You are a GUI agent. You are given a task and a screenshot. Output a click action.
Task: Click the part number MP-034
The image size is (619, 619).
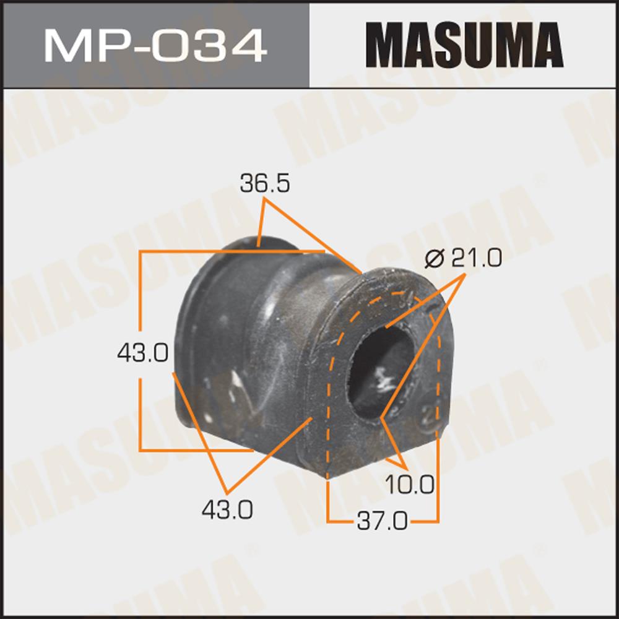tap(155, 45)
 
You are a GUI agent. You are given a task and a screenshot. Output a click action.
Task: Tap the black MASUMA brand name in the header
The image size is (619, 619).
tap(464, 45)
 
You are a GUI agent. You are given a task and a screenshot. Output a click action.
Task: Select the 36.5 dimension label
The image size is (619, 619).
tap(264, 184)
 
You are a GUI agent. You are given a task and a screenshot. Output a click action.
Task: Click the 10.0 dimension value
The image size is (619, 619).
tap(409, 485)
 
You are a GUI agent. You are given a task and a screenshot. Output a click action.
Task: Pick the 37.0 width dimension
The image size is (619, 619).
tap(382, 521)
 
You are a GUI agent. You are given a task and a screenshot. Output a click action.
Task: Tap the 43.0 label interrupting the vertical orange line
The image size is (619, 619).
tap(142, 353)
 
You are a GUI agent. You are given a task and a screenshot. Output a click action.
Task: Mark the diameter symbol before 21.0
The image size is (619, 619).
tap(435, 259)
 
